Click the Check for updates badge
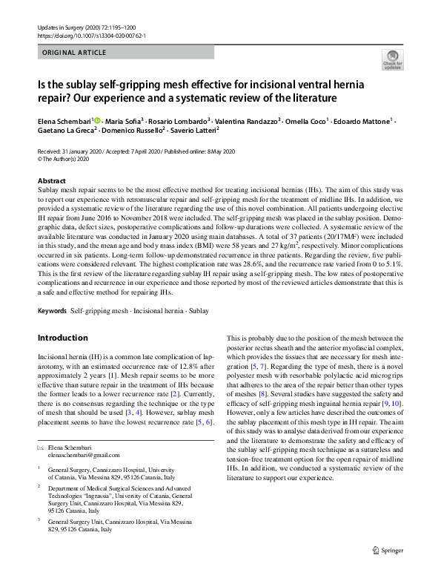[392, 59]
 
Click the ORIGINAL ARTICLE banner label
[76, 53]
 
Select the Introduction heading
[62, 338]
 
